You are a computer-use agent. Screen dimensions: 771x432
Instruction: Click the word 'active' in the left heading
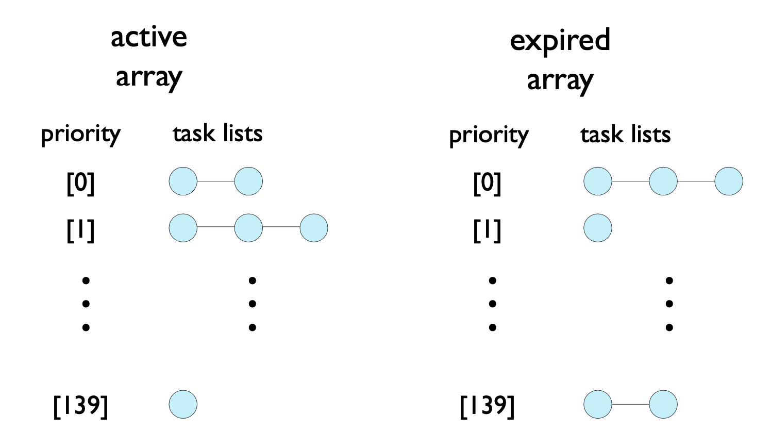click(148, 37)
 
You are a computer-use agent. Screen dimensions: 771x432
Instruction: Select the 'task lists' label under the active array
click(217, 134)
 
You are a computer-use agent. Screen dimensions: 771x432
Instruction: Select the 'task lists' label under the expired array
click(625, 135)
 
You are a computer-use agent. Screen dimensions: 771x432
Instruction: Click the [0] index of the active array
click(80, 183)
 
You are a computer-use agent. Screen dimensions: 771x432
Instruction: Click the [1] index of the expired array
click(487, 230)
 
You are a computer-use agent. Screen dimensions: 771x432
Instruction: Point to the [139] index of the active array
click(81, 406)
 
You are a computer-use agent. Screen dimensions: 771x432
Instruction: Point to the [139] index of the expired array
click(487, 406)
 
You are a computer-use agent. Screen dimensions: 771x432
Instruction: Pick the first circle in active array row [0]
click(183, 181)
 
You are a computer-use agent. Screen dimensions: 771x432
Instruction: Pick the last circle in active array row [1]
click(314, 228)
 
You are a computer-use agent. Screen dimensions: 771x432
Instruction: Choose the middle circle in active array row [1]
click(248, 228)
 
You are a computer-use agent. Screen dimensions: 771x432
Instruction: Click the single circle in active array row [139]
click(183, 404)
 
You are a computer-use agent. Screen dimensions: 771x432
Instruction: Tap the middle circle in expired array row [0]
click(663, 181)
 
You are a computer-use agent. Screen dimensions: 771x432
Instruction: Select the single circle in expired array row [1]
click(598, 228)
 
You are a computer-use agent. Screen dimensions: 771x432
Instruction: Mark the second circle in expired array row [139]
click(663, 404)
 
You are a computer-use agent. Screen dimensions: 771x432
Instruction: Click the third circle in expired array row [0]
click(729, 181)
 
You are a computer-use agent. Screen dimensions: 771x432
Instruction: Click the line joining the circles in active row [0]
click(216, 181)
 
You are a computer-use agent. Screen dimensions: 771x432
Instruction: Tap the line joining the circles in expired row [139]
click(630, 404)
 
